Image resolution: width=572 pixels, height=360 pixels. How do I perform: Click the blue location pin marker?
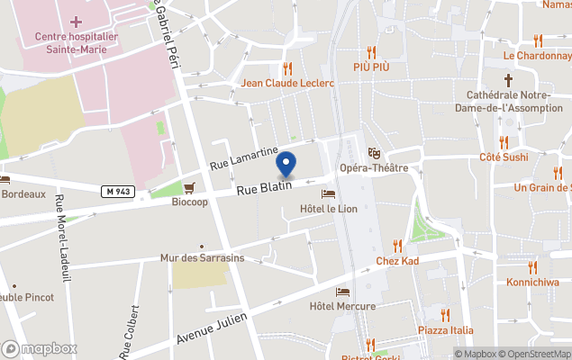[x=286, y=165]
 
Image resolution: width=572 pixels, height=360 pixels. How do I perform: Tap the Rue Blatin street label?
[x=264, y=186]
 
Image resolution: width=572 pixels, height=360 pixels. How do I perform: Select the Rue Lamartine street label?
[x=243, y=158]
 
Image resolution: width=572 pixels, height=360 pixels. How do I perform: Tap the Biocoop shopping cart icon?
[x=189, y=188]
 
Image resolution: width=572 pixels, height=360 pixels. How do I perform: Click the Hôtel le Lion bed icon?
[x=328, y=194]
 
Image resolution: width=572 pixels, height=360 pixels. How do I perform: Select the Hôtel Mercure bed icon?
[x=342, y=292]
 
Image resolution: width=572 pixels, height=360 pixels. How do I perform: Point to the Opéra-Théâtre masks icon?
[x=374, y=154]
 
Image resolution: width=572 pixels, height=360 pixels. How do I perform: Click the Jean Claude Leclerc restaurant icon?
[x=287, y=68]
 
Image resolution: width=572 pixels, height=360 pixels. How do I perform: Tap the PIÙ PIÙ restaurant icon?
[x=371, y=52]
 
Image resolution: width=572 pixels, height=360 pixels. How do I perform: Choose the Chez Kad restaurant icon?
[x=397, y=246]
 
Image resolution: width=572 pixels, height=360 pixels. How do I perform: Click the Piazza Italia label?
[x=445, y=329]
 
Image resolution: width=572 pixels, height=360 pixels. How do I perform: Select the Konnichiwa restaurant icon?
[x=532, y=266]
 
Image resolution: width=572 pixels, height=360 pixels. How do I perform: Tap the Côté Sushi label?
[x=504, y=157]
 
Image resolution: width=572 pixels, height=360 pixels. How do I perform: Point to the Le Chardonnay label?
[x=537, y=55]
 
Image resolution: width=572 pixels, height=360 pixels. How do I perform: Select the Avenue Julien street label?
[x=212, y=328]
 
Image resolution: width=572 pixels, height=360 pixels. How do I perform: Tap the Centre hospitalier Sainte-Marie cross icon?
[x=76, y=21]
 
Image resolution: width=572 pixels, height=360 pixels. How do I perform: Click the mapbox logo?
[x=41, y=348]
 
